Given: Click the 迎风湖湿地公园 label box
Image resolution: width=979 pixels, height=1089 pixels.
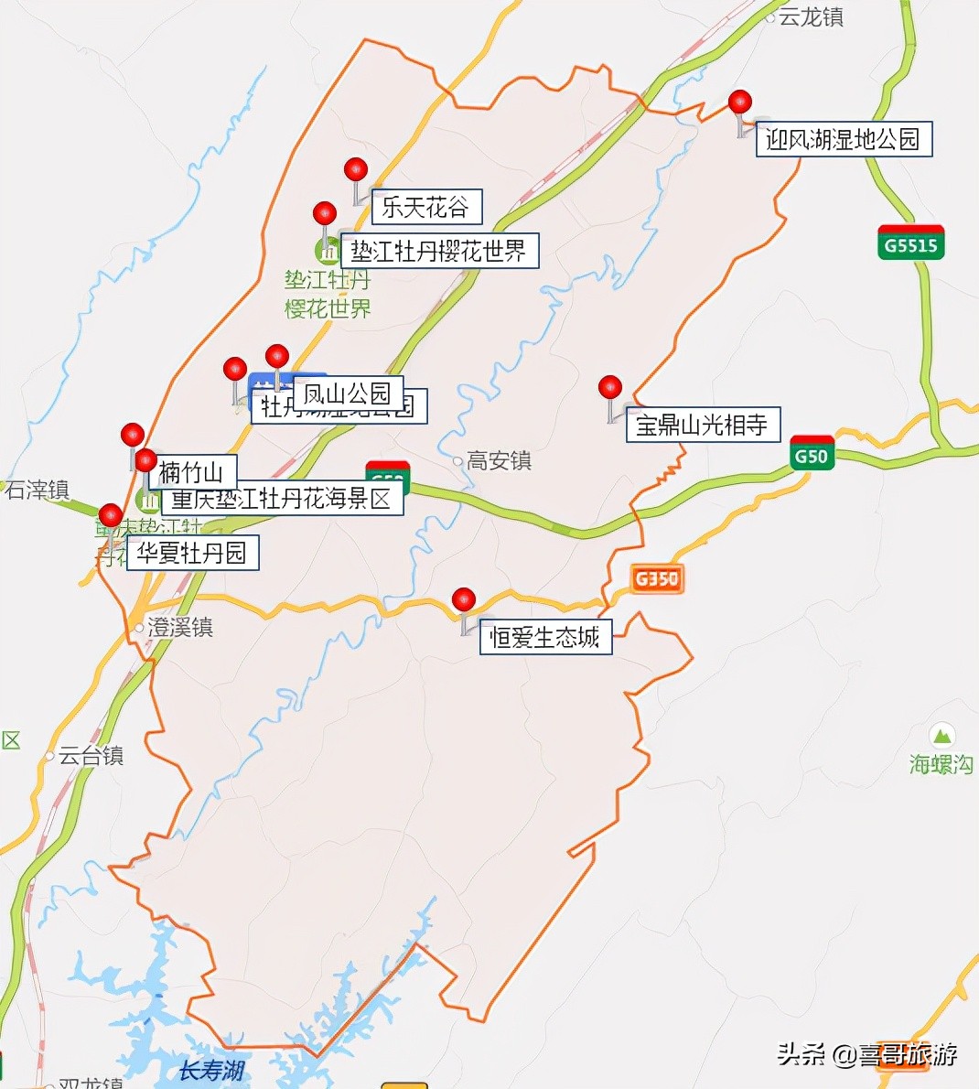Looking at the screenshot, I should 843,139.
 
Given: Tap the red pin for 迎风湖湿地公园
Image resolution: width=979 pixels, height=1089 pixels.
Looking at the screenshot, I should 740,102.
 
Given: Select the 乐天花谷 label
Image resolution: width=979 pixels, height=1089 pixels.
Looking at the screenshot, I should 425,207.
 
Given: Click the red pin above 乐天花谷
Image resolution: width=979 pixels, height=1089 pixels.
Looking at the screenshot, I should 356,170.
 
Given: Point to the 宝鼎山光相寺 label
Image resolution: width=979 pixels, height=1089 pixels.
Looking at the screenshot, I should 702,425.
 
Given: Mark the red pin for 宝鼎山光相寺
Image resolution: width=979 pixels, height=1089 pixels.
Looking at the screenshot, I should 610,388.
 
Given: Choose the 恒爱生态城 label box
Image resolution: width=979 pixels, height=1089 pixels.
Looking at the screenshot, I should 544,637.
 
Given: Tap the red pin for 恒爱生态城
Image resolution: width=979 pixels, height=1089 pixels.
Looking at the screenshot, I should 464,600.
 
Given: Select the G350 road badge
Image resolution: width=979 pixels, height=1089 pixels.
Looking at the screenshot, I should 656,578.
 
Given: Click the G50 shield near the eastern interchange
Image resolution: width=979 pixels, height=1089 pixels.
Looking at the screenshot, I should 812,455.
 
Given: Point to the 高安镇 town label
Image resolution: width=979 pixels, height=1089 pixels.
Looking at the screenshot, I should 499,461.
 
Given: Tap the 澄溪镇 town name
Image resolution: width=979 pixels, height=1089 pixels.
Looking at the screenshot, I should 180,628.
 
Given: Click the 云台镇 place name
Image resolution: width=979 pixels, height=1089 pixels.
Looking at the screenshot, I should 91,756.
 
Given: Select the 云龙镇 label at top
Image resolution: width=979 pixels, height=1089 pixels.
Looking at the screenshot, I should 811,17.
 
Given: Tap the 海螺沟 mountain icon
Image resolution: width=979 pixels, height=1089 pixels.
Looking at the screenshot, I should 941,735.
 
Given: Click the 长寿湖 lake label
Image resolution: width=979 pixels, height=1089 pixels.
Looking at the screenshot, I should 211,1071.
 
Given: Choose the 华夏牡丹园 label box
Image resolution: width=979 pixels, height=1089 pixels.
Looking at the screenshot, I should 192,553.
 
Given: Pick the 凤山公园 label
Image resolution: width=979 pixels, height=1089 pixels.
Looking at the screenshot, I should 348,394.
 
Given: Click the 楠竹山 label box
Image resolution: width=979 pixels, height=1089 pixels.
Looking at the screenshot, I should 191,472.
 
